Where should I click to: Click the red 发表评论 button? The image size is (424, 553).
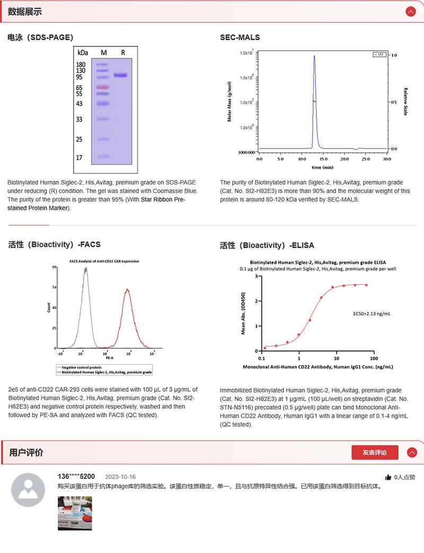[375, 452]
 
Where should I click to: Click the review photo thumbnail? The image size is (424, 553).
[75, 513]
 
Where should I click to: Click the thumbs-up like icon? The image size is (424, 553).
[388, 477]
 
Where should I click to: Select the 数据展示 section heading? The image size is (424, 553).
[25, 12]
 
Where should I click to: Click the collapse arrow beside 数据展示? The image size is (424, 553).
[410, 12]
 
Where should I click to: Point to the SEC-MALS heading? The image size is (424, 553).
[240, 38]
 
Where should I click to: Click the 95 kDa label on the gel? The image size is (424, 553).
[81, 77]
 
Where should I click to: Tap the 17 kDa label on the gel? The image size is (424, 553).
[79, 157]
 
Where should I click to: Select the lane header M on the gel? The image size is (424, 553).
[104, 52]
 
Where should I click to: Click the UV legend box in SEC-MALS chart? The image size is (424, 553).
[379, 55]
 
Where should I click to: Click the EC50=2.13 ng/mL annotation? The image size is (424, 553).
[372, 314]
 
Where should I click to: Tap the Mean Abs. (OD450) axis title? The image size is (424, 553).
[243, 313]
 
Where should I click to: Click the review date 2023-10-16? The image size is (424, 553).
[120, 477]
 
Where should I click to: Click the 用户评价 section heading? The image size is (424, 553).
[26, 452]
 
